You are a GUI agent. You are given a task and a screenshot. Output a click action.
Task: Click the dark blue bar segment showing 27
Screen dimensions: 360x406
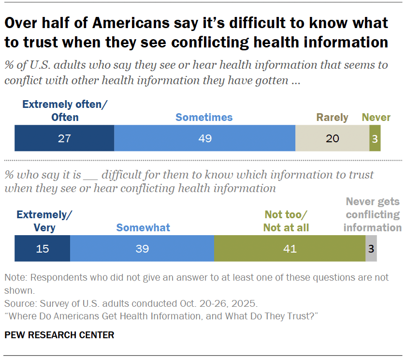point(64,138)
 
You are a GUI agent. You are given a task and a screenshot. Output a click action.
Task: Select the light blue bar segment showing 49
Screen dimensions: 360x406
point(204,138)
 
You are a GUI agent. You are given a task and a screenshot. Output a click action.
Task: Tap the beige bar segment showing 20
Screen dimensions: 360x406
point(332,138)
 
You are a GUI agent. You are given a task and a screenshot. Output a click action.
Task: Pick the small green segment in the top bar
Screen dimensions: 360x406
point(375,138)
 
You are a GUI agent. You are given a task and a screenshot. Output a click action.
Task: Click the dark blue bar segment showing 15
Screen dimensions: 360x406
point(42,249)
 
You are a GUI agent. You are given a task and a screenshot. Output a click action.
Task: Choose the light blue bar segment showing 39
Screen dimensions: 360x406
point(142,249)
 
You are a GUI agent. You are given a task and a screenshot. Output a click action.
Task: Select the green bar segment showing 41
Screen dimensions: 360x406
point(290,249)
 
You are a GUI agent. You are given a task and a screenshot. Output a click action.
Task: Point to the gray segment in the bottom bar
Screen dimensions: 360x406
point(371,249)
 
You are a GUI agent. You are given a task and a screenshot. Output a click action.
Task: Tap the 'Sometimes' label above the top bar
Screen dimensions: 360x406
point(204,117)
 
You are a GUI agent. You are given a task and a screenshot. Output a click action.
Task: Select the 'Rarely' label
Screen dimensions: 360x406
point(332,117)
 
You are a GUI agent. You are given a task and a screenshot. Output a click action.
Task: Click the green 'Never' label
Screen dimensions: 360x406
point(376,117)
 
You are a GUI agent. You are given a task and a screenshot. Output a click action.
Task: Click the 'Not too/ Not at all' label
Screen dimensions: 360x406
point(286,221)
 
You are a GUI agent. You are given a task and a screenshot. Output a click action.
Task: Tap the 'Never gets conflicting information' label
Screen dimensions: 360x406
point(372,214)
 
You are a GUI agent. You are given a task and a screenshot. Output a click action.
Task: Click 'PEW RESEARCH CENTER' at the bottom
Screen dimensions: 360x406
point(59,335)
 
